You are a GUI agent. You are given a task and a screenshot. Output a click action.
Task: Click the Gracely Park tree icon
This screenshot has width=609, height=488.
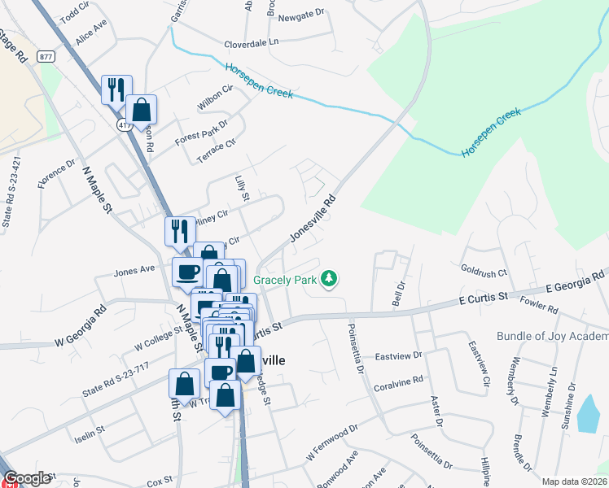329,279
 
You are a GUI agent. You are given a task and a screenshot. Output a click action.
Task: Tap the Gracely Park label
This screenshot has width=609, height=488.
284,279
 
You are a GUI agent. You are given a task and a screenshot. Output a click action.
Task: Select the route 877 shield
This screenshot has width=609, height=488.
46,57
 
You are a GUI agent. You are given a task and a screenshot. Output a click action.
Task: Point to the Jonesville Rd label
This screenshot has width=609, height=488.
313,218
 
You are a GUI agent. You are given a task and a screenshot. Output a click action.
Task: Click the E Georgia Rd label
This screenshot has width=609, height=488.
576,282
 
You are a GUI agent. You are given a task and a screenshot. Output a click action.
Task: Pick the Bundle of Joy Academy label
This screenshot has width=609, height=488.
552,336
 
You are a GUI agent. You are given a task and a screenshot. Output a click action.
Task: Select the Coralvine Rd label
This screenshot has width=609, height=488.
399,381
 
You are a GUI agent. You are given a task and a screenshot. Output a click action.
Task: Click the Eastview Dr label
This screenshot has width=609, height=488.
398,356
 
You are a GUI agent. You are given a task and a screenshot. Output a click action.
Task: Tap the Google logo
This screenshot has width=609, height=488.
27,478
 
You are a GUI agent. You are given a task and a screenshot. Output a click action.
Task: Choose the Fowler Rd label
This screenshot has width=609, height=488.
540,307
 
